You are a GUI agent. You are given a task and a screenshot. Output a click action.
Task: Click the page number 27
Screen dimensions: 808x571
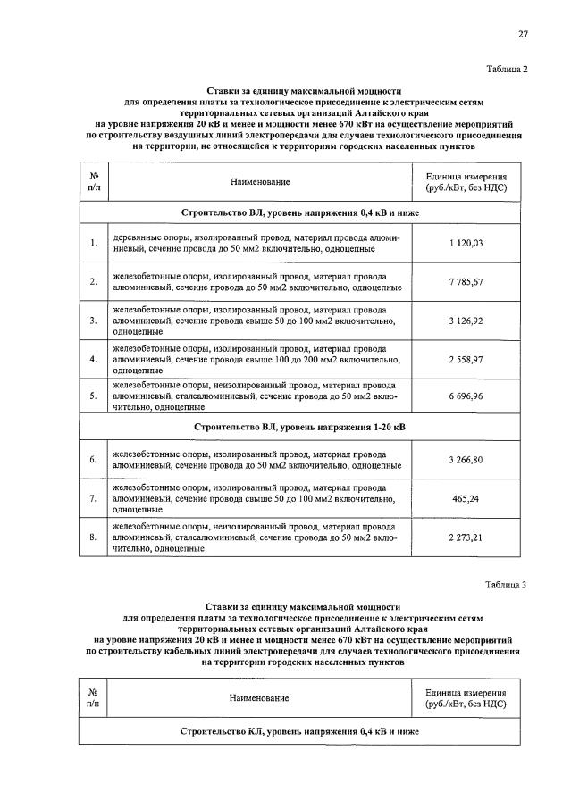click(x=524, y=34)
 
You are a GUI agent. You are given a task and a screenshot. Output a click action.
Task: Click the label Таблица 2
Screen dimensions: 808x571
click(x=506, y=70)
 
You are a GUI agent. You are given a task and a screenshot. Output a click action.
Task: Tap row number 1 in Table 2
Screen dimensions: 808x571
click(x=93, y=243)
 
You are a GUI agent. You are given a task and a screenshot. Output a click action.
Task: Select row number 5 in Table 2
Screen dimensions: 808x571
click(x=93, y=396)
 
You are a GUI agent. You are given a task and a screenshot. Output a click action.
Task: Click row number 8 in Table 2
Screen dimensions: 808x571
click(x=93, y=537)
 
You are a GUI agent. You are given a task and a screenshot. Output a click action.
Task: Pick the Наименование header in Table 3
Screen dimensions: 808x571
click(x=260, y=698)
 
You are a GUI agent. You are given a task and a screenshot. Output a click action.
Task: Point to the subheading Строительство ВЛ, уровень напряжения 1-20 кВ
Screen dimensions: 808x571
click(x=299, y=428)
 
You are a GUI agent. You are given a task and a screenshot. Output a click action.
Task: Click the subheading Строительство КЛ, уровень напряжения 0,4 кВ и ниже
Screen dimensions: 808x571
click(x=299, y=731)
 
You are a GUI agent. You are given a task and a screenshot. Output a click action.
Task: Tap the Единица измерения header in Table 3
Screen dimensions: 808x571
click(x=466, y=698)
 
